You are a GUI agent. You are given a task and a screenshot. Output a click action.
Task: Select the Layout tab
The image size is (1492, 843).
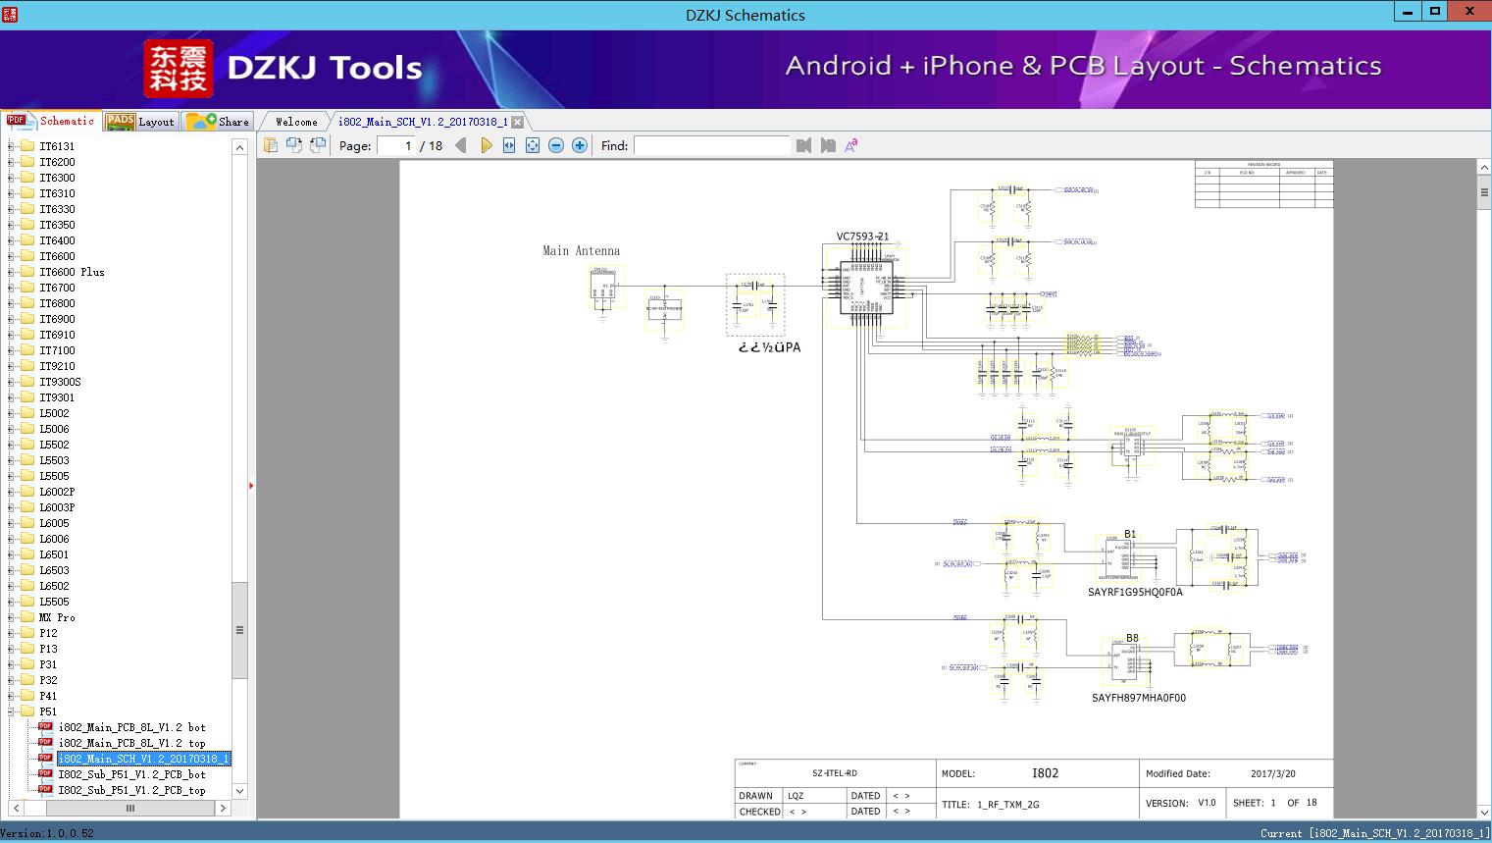[140, 122]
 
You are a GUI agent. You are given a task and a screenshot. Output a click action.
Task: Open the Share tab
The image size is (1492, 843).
[219, 122]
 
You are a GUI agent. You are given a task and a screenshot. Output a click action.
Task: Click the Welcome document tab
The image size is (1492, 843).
[296, 122]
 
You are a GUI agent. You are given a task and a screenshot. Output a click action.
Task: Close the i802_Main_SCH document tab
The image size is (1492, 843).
[518, 122]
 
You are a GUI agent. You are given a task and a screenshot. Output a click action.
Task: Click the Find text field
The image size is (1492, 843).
[711, 145]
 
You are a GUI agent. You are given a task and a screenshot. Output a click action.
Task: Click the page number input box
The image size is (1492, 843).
[396, 145]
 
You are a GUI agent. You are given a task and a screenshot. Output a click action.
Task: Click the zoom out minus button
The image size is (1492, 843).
[556, 145]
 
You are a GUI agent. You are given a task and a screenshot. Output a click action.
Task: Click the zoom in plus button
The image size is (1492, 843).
[580, 145]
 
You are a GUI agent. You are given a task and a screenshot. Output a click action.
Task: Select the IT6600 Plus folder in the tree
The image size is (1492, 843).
[72, 272]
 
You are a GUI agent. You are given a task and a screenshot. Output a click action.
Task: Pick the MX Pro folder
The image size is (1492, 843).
[57, 617]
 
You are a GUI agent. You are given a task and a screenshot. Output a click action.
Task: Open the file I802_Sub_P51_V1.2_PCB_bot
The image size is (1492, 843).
[131, 774]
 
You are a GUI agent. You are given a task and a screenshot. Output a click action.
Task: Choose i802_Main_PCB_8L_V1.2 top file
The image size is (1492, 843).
[131, 743]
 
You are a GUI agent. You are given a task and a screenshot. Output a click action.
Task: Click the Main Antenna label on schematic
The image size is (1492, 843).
[581, 251]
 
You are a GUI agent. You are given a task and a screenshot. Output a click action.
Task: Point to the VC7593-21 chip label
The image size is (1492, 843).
[862, 237]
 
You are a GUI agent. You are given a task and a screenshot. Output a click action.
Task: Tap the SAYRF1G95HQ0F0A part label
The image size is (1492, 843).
[1135, 593]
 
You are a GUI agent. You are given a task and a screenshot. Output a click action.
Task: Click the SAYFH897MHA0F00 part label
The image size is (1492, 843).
[1138, 698]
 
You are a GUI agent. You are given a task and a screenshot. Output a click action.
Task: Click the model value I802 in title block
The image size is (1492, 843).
[1045, 773]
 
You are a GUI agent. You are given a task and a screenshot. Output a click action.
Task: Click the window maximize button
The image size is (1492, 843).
[1435, 12]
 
